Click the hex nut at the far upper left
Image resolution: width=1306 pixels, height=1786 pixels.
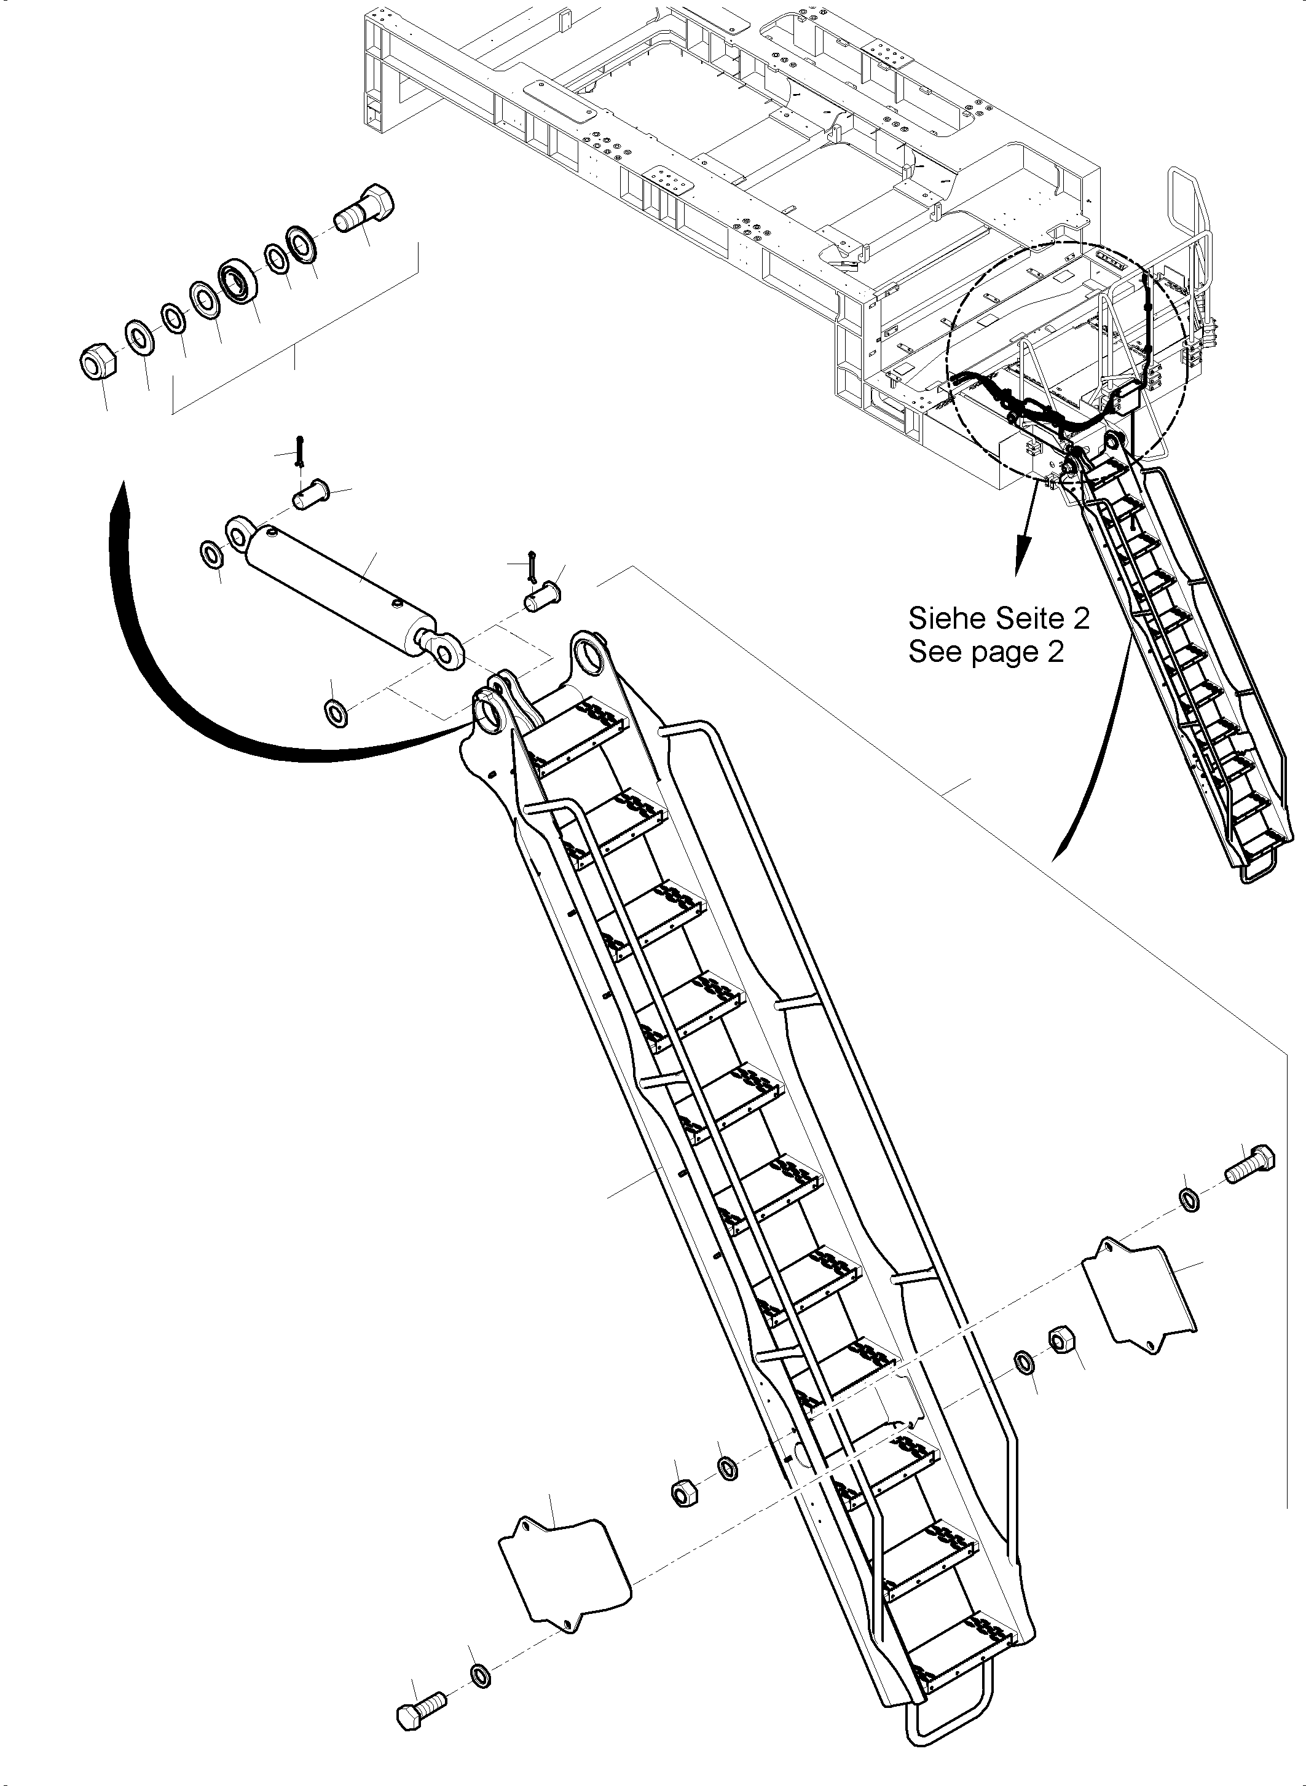[99, 364]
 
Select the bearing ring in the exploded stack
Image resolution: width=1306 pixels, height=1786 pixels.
[237, 279]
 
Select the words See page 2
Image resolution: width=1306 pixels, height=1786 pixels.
[985, 652]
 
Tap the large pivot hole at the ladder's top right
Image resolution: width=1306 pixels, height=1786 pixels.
[591, 655]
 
